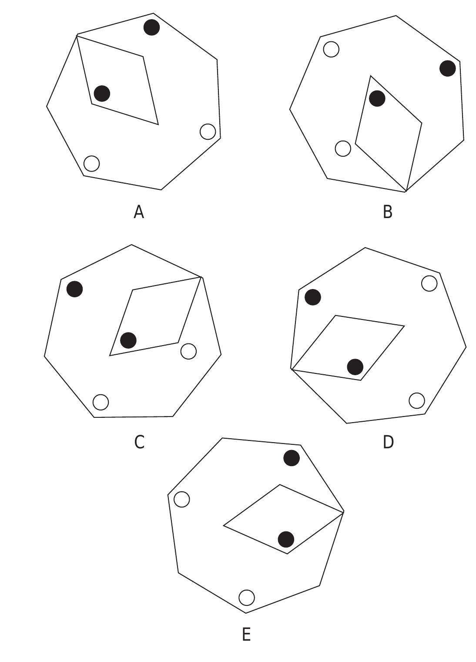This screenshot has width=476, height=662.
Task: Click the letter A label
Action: (x=138, y=212)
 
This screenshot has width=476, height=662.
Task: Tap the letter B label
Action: (x=387, y=212)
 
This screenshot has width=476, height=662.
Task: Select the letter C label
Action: (x=139, y=442)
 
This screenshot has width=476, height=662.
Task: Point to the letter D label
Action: (x=388, y=442)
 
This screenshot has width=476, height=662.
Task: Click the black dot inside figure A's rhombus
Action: (x=102, y=94)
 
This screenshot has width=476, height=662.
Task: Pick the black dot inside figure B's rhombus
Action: (x=377, y=98)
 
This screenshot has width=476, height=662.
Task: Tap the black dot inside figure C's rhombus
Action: (x=128, y=340)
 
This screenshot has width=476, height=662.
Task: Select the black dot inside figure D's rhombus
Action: (x=355, y=367)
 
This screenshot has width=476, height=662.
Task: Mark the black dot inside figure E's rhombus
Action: (x=286, y=539)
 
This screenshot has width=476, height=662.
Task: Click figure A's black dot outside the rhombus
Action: (x=151, y=27)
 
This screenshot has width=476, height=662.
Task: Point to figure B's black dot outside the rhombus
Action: (x=448, y=68)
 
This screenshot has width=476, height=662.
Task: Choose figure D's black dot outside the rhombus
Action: (x=312, y=297)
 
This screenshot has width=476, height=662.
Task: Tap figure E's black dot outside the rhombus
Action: (x=292, y=458)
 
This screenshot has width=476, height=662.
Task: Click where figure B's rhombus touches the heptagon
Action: (x=406, y=192)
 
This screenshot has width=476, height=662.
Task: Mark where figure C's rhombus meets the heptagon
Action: (x=201, y=277)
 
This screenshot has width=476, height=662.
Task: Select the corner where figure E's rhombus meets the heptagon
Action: (x=344, y=512)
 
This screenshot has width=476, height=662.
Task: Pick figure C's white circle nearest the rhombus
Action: (x=188, y=351)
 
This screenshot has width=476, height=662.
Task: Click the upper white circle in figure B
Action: (x=331, y=49)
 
